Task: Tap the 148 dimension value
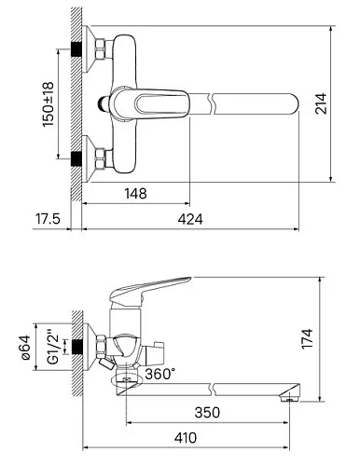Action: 136,194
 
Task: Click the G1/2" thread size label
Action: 53,350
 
